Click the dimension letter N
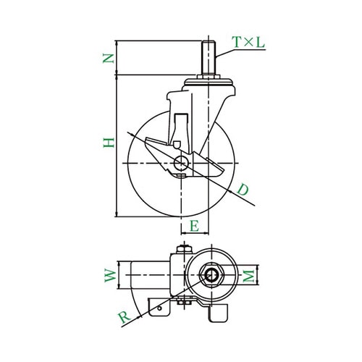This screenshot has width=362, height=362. tap(109, 59)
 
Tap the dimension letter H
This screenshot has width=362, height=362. tap(109, 143)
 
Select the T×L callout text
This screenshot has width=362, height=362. tap(248, 42)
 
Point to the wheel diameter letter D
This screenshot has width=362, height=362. tap(243, 190)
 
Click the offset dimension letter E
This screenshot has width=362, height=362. tap(195, 227)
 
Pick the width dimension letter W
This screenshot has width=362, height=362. tap(110, 275)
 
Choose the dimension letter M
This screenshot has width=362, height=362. tap(248, 276)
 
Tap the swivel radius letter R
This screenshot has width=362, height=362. tap(125, 317)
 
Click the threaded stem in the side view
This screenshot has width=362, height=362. tap(208, 57)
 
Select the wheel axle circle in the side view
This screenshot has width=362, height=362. tap(181, 163)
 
